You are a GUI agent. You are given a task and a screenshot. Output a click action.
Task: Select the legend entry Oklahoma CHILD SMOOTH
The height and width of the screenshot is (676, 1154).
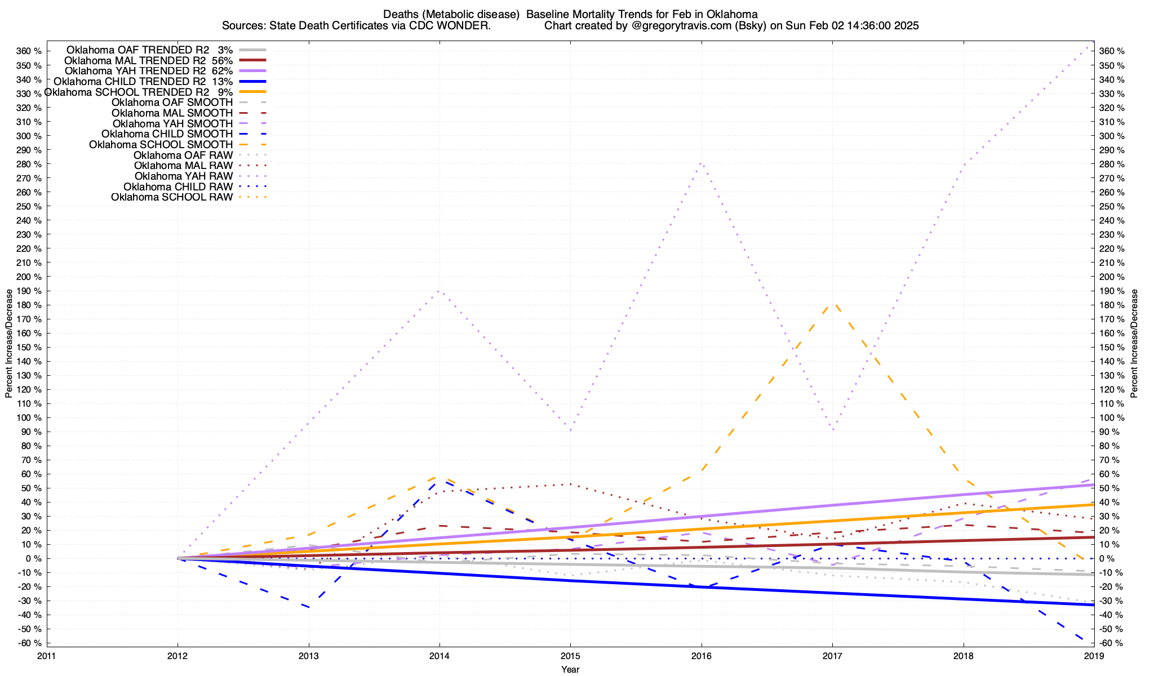pyautogui.click(x=167, y=134)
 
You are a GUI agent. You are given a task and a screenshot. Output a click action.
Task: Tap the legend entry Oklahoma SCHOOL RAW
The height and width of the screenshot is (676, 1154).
pyautogui.click(x=171, y=197)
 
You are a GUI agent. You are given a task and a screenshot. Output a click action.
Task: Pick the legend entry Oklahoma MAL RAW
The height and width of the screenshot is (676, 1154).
pyautogui.click(x=183, y=166)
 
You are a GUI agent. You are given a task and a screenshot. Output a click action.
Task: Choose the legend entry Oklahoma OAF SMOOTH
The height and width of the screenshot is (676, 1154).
pyautogui.click(x=172, y=103)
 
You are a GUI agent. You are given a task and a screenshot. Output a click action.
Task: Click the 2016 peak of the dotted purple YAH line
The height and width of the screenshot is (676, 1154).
pyautogui.click(x=701, y=163)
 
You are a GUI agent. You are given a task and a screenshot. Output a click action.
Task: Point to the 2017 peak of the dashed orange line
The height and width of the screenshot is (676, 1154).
pyautogui.click(x=833, y=304)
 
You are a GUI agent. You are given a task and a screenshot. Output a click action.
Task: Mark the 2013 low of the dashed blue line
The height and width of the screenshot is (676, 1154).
pyautogui.click(x=308, y=608)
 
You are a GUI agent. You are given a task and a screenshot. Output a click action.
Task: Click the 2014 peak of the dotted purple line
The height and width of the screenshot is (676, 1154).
pyautogui.click(x=440, y=291)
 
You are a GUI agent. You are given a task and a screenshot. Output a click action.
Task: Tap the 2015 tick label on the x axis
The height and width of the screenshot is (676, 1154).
pyautogui.click(x=570, y=656)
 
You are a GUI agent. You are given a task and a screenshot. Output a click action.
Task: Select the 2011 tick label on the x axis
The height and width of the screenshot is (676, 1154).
pyautogui.click(x=47, y=656)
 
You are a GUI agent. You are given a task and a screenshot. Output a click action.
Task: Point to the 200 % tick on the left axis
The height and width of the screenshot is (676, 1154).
pyautogui.click(x=29, y=277)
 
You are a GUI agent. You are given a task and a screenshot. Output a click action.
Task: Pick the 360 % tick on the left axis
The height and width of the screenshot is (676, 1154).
pyautogui.click(x=29, y=51)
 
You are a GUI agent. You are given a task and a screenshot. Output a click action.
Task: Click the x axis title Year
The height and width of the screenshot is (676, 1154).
pyautogui.click(x=570, y=669)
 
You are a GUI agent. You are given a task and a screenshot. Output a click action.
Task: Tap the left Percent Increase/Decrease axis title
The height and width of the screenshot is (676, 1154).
pyautogui.click(x=8, y=344)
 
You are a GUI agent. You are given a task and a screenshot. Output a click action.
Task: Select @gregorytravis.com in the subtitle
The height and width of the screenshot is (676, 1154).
pyautogui.click(x=695, y=26)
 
